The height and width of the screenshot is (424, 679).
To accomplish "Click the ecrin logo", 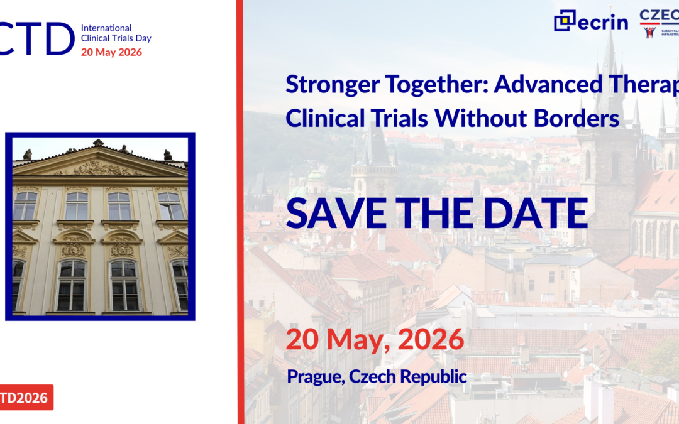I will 590,21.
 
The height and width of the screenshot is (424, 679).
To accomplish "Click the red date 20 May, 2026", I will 375,340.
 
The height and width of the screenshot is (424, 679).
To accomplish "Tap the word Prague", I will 316,377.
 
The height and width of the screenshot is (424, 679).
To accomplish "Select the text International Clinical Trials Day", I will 116,33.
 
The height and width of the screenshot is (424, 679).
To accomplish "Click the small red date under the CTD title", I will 111,52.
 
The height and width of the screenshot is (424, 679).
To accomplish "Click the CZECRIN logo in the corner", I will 659,23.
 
